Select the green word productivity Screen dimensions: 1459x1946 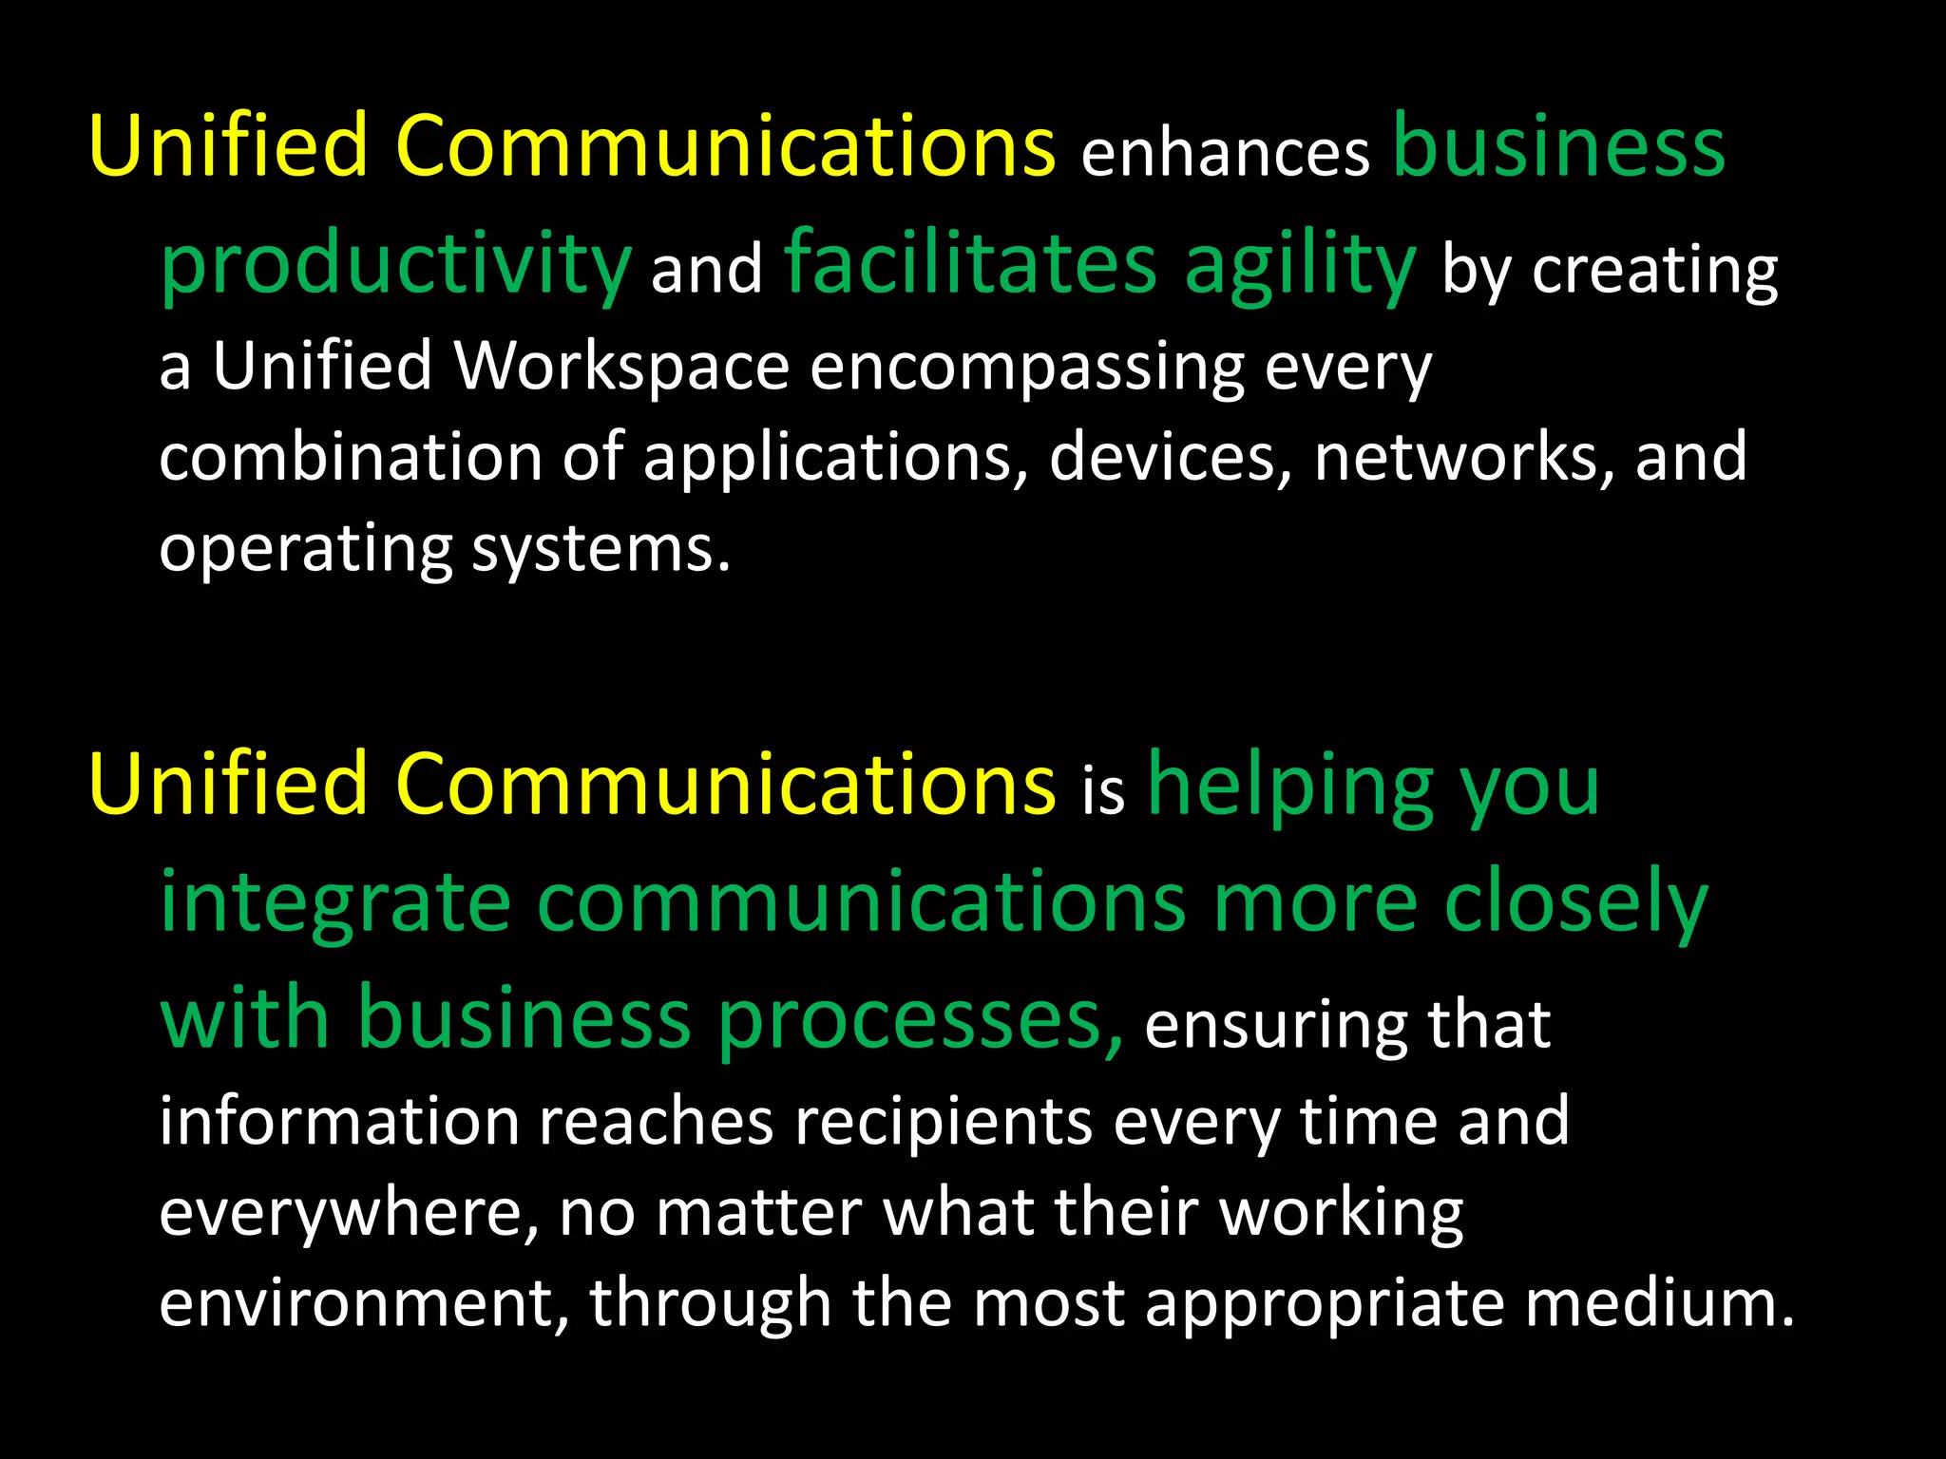(x=395, y=265)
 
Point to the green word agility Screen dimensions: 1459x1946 (x=1299, y=266)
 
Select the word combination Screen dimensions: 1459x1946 (x=350, y=457)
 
